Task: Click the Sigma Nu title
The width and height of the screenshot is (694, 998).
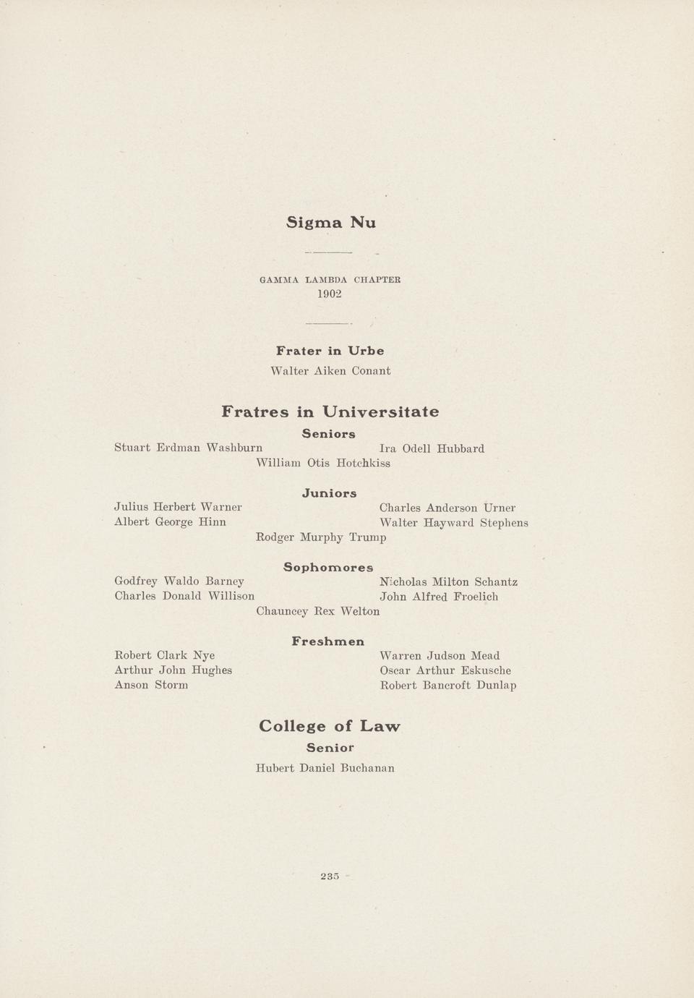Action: pos(331,222)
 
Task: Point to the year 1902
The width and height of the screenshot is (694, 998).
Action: pos(330,294)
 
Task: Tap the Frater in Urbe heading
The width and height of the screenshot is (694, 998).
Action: pos(330,351)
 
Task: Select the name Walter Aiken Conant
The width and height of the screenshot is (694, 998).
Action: pos(330,371)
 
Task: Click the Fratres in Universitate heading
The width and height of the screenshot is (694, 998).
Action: pos(330,411)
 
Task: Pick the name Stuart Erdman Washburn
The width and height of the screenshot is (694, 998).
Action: pos(188,448)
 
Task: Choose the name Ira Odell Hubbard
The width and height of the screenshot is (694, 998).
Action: pos(432,448)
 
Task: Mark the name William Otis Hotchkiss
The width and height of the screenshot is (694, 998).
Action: pos(323,463)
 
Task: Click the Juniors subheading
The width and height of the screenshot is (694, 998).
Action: pos(329,493)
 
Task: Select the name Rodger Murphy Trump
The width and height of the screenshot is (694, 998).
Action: pos(321,537)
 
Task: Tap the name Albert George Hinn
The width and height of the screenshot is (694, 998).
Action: pos(170,522)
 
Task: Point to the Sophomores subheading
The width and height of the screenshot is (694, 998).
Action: pos(328,567)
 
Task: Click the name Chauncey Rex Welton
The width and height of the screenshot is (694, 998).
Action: pos(317,611)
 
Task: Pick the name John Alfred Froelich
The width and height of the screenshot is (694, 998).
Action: pos(438,597)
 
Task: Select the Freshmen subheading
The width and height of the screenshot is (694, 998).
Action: pos(328,641)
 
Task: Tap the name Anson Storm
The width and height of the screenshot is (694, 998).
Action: pos(151,685)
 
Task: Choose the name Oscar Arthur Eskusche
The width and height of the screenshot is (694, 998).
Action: pos(445,670)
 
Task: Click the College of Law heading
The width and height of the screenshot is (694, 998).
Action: pos(329,725)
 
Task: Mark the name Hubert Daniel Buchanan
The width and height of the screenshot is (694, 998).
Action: pos(325,768)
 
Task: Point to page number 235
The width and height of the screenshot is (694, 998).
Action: pos(330,877)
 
